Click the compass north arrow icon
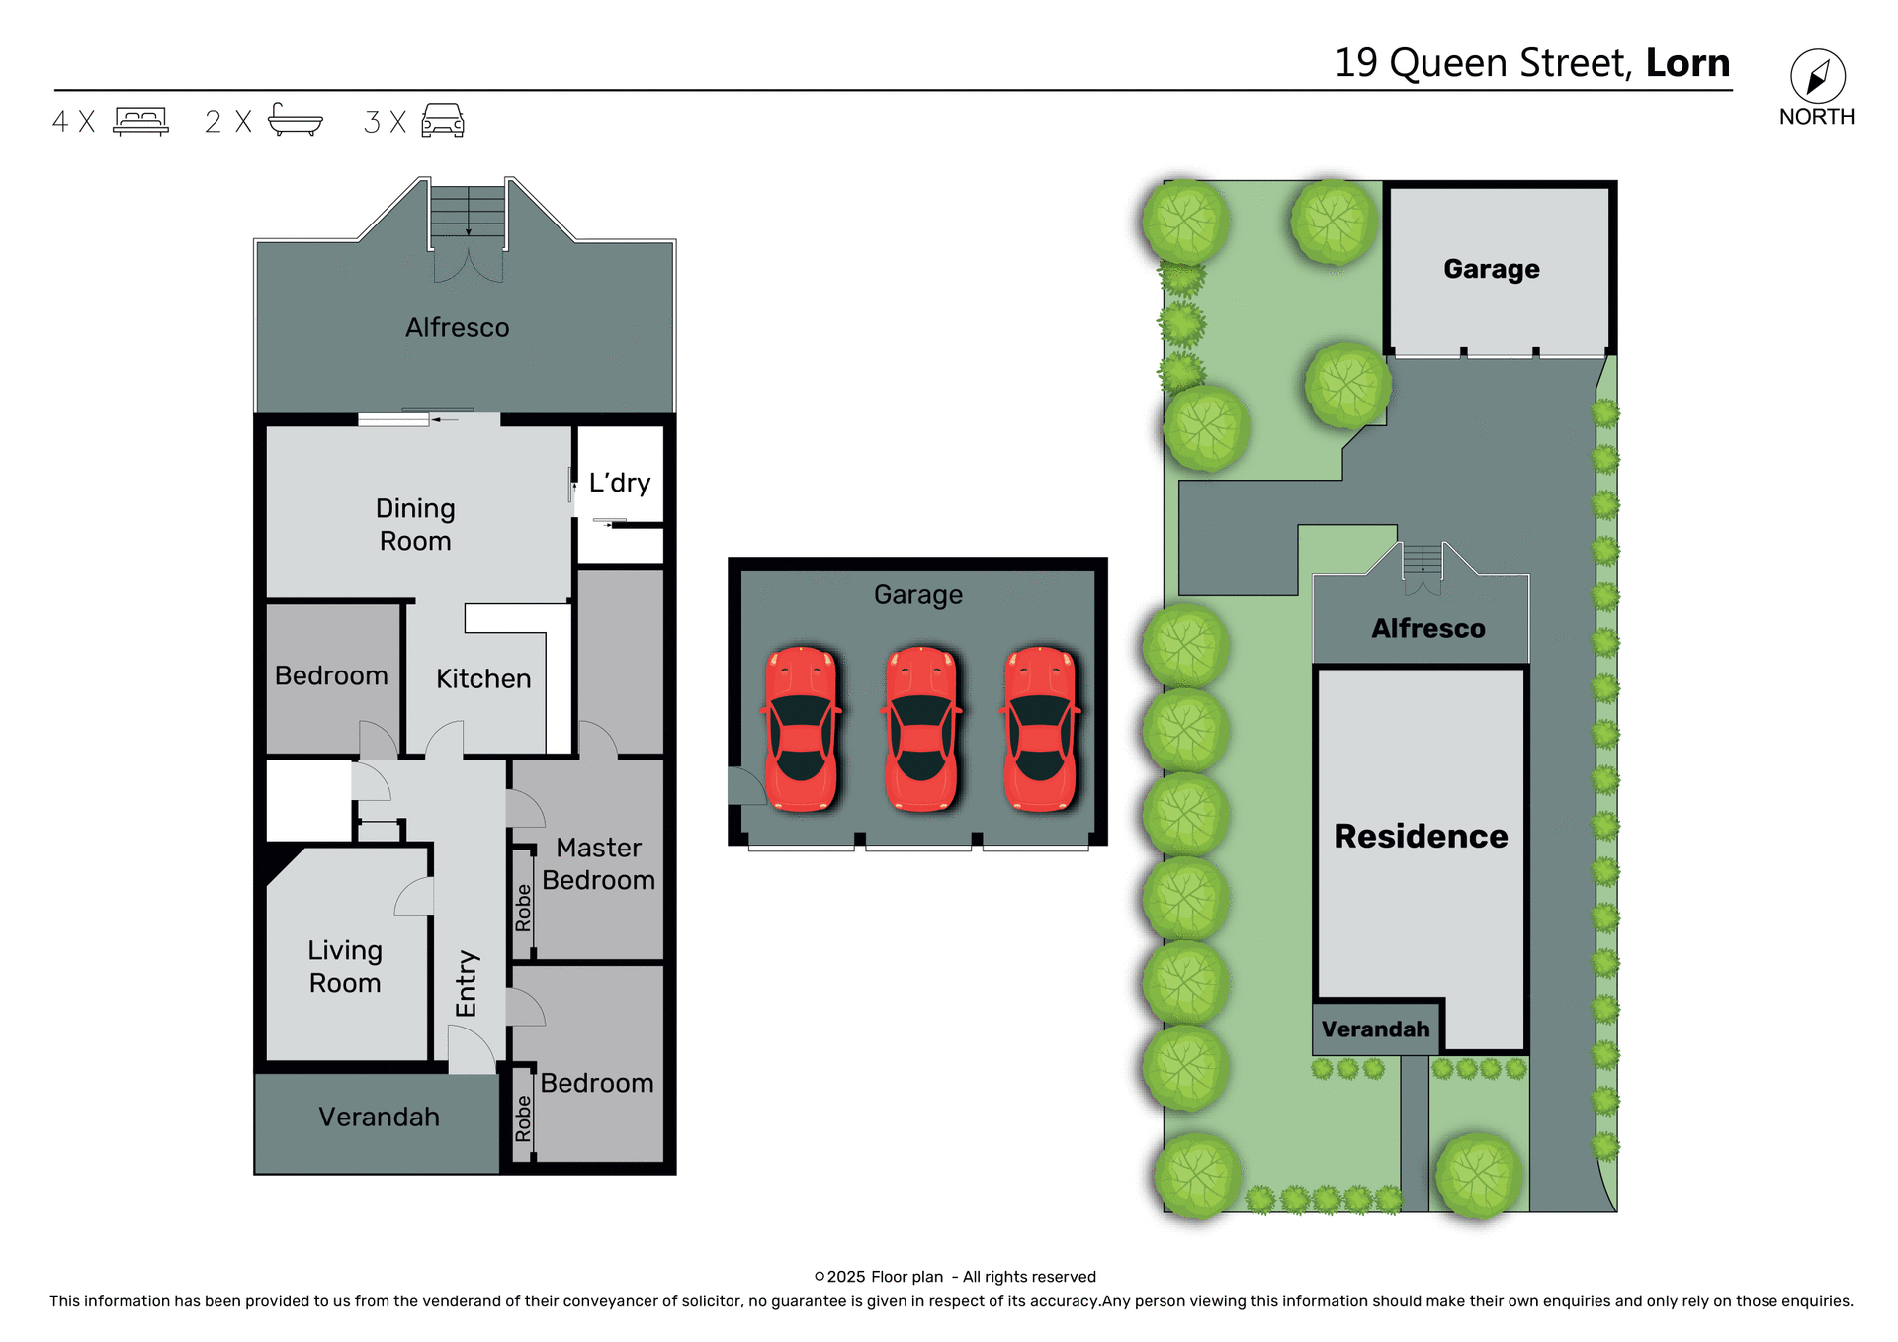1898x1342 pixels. coord(1817,77)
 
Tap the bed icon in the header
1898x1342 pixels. coord(140,121)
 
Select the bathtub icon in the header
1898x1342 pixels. coord(295,120)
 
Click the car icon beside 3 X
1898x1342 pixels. coord(443,121)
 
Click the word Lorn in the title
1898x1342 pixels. coord(1687,63)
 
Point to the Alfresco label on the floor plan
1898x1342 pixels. coord(457,328)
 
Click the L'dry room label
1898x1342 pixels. coord(620,483)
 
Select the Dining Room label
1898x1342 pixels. coord(415,524)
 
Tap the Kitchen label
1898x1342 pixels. coord(483,678)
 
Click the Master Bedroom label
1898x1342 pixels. coord(598,863)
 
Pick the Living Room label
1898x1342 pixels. coord(344,966)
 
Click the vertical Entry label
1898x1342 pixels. coord(467,983)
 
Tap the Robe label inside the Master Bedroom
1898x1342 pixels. coord(523,907)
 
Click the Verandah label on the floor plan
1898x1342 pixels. coord(379,1117)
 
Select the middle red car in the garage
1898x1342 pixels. coord(920,729)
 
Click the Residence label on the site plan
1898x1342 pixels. coord(1421,836)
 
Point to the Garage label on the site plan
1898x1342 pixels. coord(1491,269)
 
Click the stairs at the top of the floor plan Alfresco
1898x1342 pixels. coord(468,210)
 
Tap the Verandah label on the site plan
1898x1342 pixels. coord(1375,1029)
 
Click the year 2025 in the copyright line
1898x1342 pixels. coord(845,1277)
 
